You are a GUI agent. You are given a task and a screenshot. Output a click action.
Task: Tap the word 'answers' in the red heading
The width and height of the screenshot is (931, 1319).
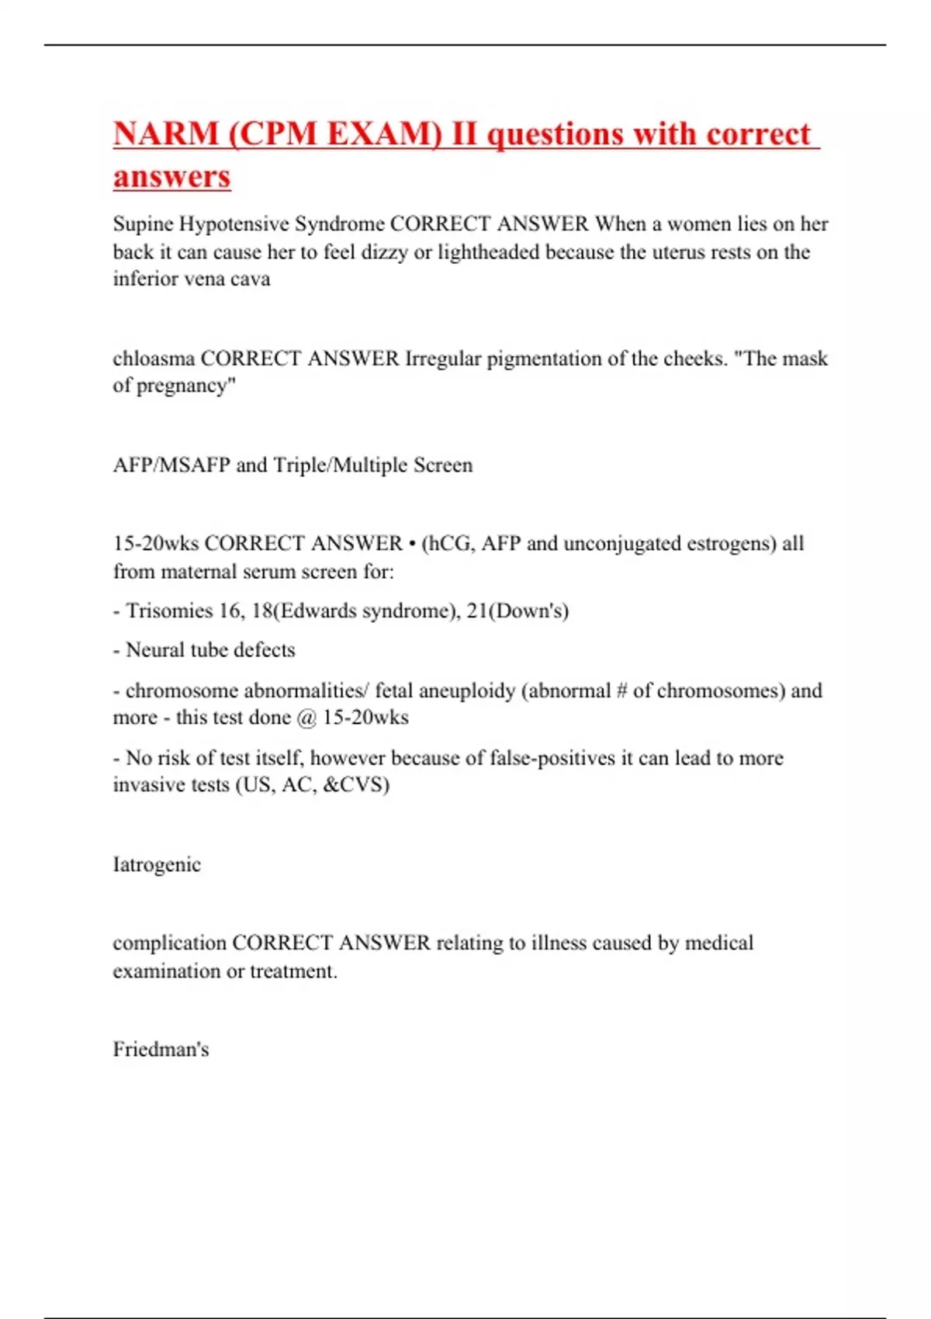pyautogui.click(x=172, y=177)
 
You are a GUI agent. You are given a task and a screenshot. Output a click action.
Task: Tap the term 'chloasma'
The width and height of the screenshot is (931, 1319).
pyautogui.click(x=154, y=358)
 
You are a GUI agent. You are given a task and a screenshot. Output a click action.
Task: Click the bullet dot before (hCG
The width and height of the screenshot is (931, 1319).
pyautogui.click(x=412, y=544)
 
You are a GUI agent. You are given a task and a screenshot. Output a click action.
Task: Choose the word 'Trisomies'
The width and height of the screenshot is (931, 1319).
pyautogui.click(x=169, y=611)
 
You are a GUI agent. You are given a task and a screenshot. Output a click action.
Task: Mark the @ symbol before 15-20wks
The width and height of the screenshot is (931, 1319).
pyautogui.click(x=306, y=718)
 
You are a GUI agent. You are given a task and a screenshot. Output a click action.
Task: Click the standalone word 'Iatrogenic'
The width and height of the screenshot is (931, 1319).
pyautogui.click(x=157, y=864)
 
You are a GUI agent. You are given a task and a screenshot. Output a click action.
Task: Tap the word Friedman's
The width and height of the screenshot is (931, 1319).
pyautogui.click(x=161, y=1050)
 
